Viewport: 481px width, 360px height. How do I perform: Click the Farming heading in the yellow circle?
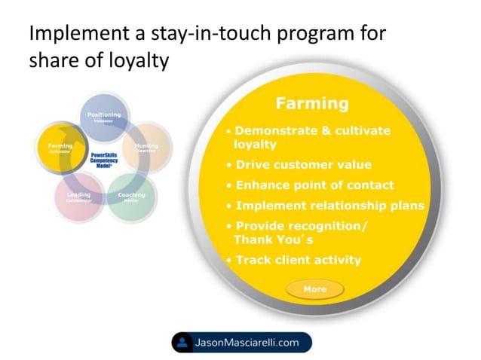pos(311,102)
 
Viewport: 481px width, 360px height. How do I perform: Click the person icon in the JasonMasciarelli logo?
pos(182,343)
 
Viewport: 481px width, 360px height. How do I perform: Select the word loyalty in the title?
pos(136,61)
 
